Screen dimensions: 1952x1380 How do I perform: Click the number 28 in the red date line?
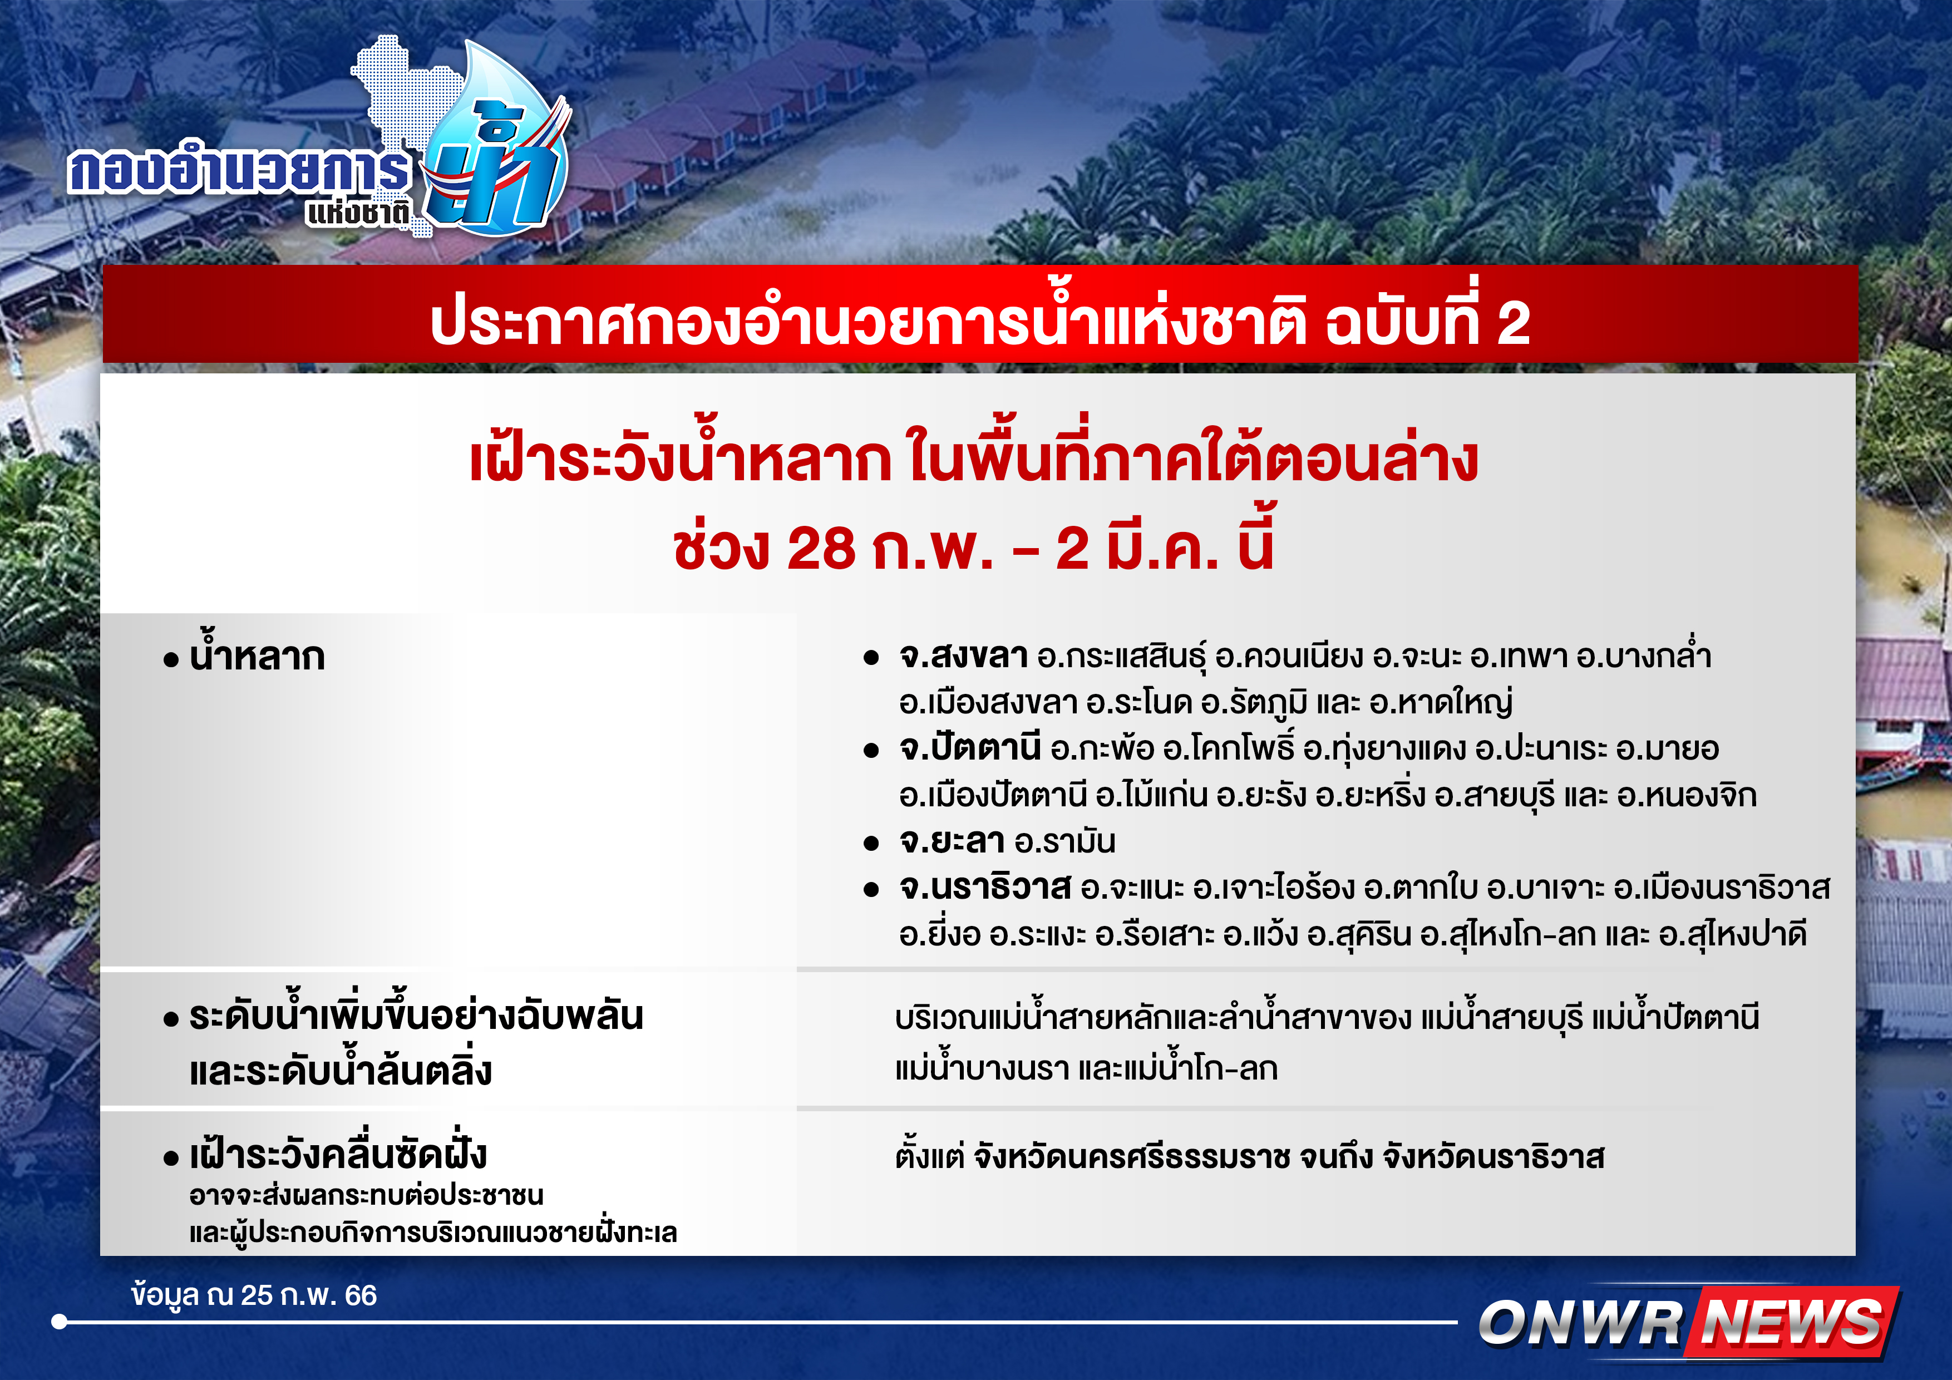[x=821, y=549]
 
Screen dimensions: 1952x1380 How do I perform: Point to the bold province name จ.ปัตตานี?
[x=970, y=748]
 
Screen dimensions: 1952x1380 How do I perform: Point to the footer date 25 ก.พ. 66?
[x=309, y=1295]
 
